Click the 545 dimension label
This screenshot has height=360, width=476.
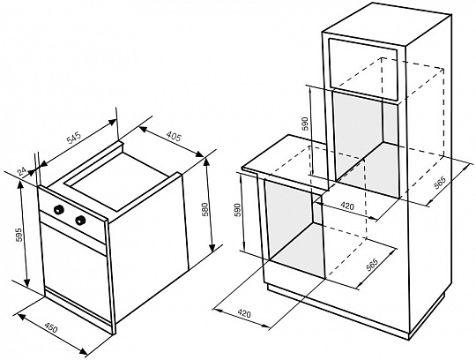pyautogui.click(x=74, y=138)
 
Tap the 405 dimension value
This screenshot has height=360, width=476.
pyautogui.click(x=174, y=137)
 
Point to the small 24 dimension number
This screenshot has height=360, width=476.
pyautogui.click(x=22, y=172)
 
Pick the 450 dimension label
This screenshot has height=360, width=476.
pyautogui.click(x=51, y=328)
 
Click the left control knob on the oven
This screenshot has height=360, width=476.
pyautogui.click(x=58, y=209)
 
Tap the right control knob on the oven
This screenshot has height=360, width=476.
pyautogui.click(x=80, y=220)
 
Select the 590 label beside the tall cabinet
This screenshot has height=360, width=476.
pyautogui.click(x=305, y=124)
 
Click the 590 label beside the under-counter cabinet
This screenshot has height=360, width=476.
pyautogui.click(x=237, y=210)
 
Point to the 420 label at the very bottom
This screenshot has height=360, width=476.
pyautogui.click(x=244, y=313)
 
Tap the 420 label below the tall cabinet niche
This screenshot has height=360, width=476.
pyautogui.click(x=347, y=206)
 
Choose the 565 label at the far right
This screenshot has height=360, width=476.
pyautogui.click(x=440, y=184)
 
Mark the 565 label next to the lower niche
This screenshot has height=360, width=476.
pyautogui.click(x=372, y=265)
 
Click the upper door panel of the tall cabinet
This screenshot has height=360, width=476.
pyautogui.click(x=363, y=69)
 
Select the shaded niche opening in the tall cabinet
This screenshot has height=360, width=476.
pyautogui.click(x=366, y=143)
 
